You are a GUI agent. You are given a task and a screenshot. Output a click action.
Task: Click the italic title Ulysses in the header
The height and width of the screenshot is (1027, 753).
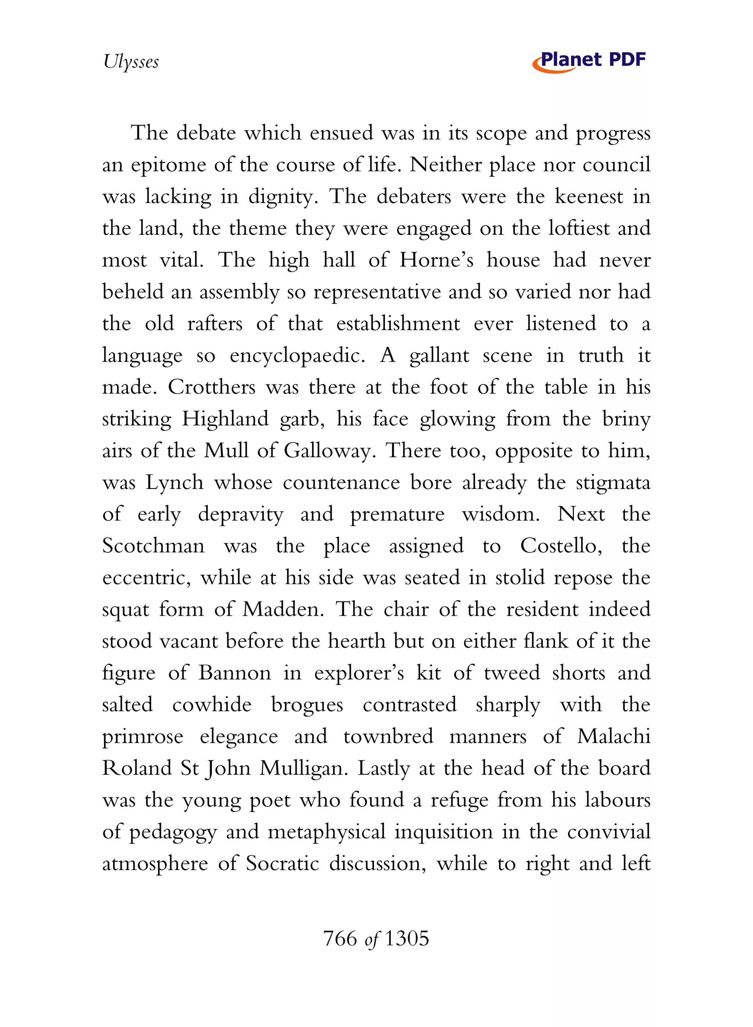(131, 61)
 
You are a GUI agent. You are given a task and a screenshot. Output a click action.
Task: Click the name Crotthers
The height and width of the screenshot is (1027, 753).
(211, 387)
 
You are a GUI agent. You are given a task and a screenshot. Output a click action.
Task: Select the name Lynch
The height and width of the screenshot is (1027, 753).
(174, 483)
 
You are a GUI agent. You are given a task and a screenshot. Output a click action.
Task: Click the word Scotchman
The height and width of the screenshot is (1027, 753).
(153, 546)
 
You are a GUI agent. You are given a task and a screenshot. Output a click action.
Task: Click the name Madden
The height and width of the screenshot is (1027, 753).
(283, 610)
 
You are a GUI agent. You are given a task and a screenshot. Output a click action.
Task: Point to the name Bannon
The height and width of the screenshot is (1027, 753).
(235, 673)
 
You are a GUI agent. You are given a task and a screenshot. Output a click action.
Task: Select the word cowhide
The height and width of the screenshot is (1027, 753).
(211, 705)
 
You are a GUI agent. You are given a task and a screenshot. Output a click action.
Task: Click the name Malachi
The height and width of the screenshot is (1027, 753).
(614, 737)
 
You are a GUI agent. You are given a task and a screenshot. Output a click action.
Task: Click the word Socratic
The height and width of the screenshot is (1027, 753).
(282, 864)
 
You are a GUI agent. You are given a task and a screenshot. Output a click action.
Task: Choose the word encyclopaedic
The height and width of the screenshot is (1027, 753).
(297, 356)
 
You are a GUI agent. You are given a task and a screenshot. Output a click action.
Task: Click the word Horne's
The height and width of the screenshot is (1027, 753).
(436, 260)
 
